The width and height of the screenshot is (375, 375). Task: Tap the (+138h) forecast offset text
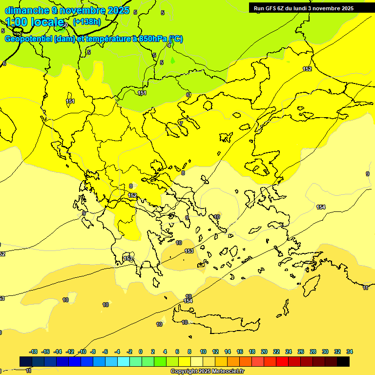pos(87,21)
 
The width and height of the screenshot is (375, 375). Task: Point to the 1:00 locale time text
pos(34,22)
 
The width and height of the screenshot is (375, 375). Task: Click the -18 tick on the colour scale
pos(33,352)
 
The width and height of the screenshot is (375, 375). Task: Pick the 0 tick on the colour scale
pos(141,352)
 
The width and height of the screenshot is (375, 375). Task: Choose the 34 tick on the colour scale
pos(350,352)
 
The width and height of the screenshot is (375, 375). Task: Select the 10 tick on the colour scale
pos(203,352)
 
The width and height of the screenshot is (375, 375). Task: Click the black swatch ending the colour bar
pos(343,361)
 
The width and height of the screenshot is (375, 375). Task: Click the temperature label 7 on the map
pos(181,124)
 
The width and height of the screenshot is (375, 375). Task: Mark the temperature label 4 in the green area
pos(169,45)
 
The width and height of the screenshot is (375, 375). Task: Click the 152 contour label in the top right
pos(307,69)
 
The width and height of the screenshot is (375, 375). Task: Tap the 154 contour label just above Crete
pos(188,301)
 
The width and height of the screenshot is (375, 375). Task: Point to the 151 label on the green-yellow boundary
pos(142,93)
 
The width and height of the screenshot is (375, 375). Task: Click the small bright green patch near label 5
pos(172,61)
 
